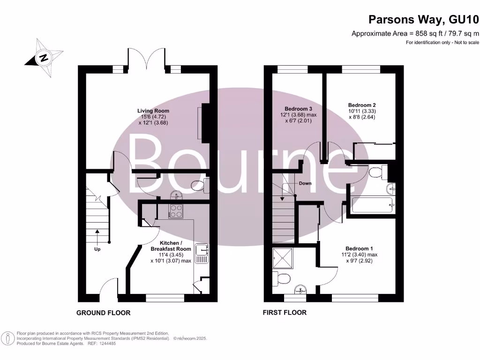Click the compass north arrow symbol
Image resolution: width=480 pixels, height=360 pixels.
(44, 59)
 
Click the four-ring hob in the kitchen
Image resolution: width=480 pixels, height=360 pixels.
(176, 211)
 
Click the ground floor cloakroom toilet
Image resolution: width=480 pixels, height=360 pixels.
(200, 184)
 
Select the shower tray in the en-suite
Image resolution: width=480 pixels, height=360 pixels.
(283, 258)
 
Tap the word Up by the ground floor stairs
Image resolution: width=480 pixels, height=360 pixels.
(97, 249)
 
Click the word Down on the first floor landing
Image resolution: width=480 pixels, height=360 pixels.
(305, 183)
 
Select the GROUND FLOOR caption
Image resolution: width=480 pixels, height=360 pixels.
(103, 313)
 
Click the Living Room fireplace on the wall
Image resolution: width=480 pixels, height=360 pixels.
(204, 122)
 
